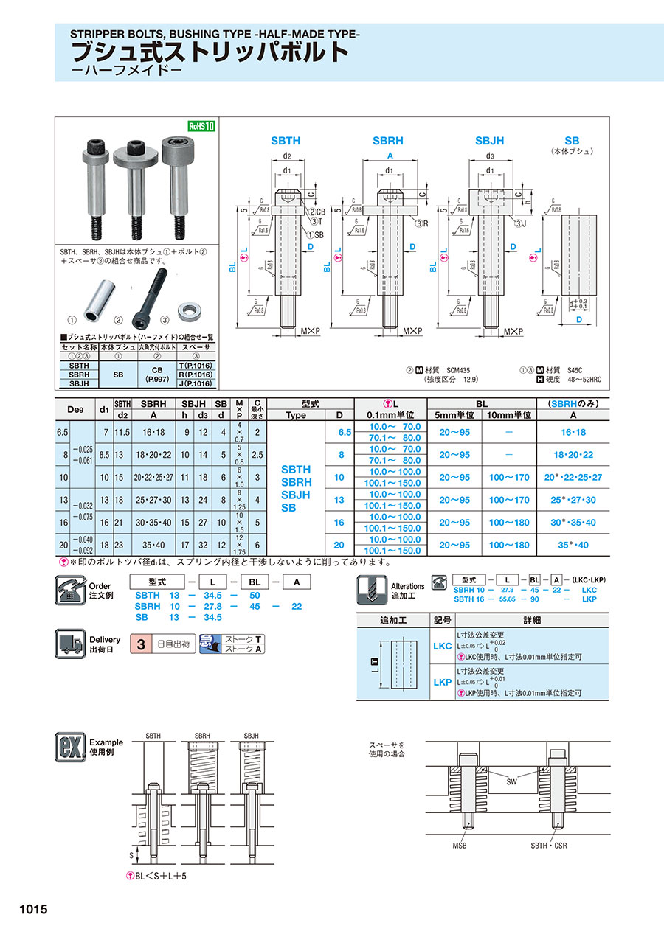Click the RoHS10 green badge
coord(201,126)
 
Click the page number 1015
coord(30,910)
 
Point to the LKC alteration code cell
coord(442,647)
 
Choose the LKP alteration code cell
coord(442,683)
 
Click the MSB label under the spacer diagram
coord(460,845)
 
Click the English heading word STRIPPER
coord(96,34)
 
